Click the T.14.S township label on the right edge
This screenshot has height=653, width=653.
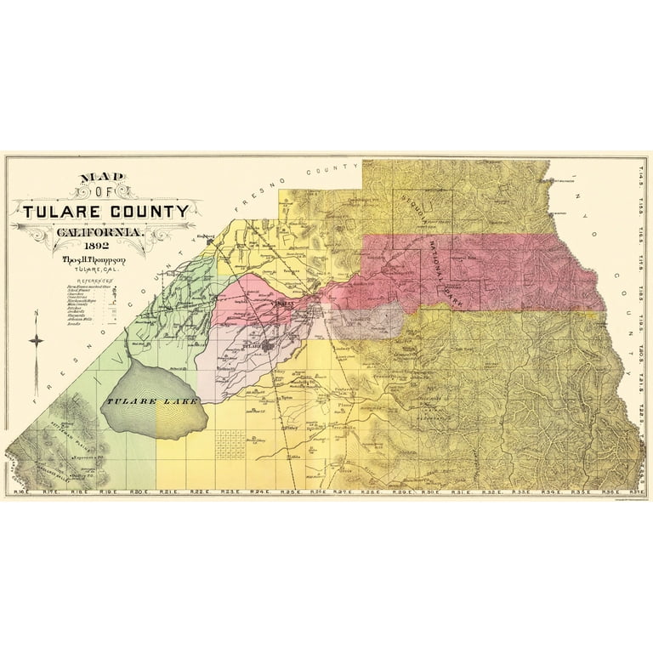tap(639, 181)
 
